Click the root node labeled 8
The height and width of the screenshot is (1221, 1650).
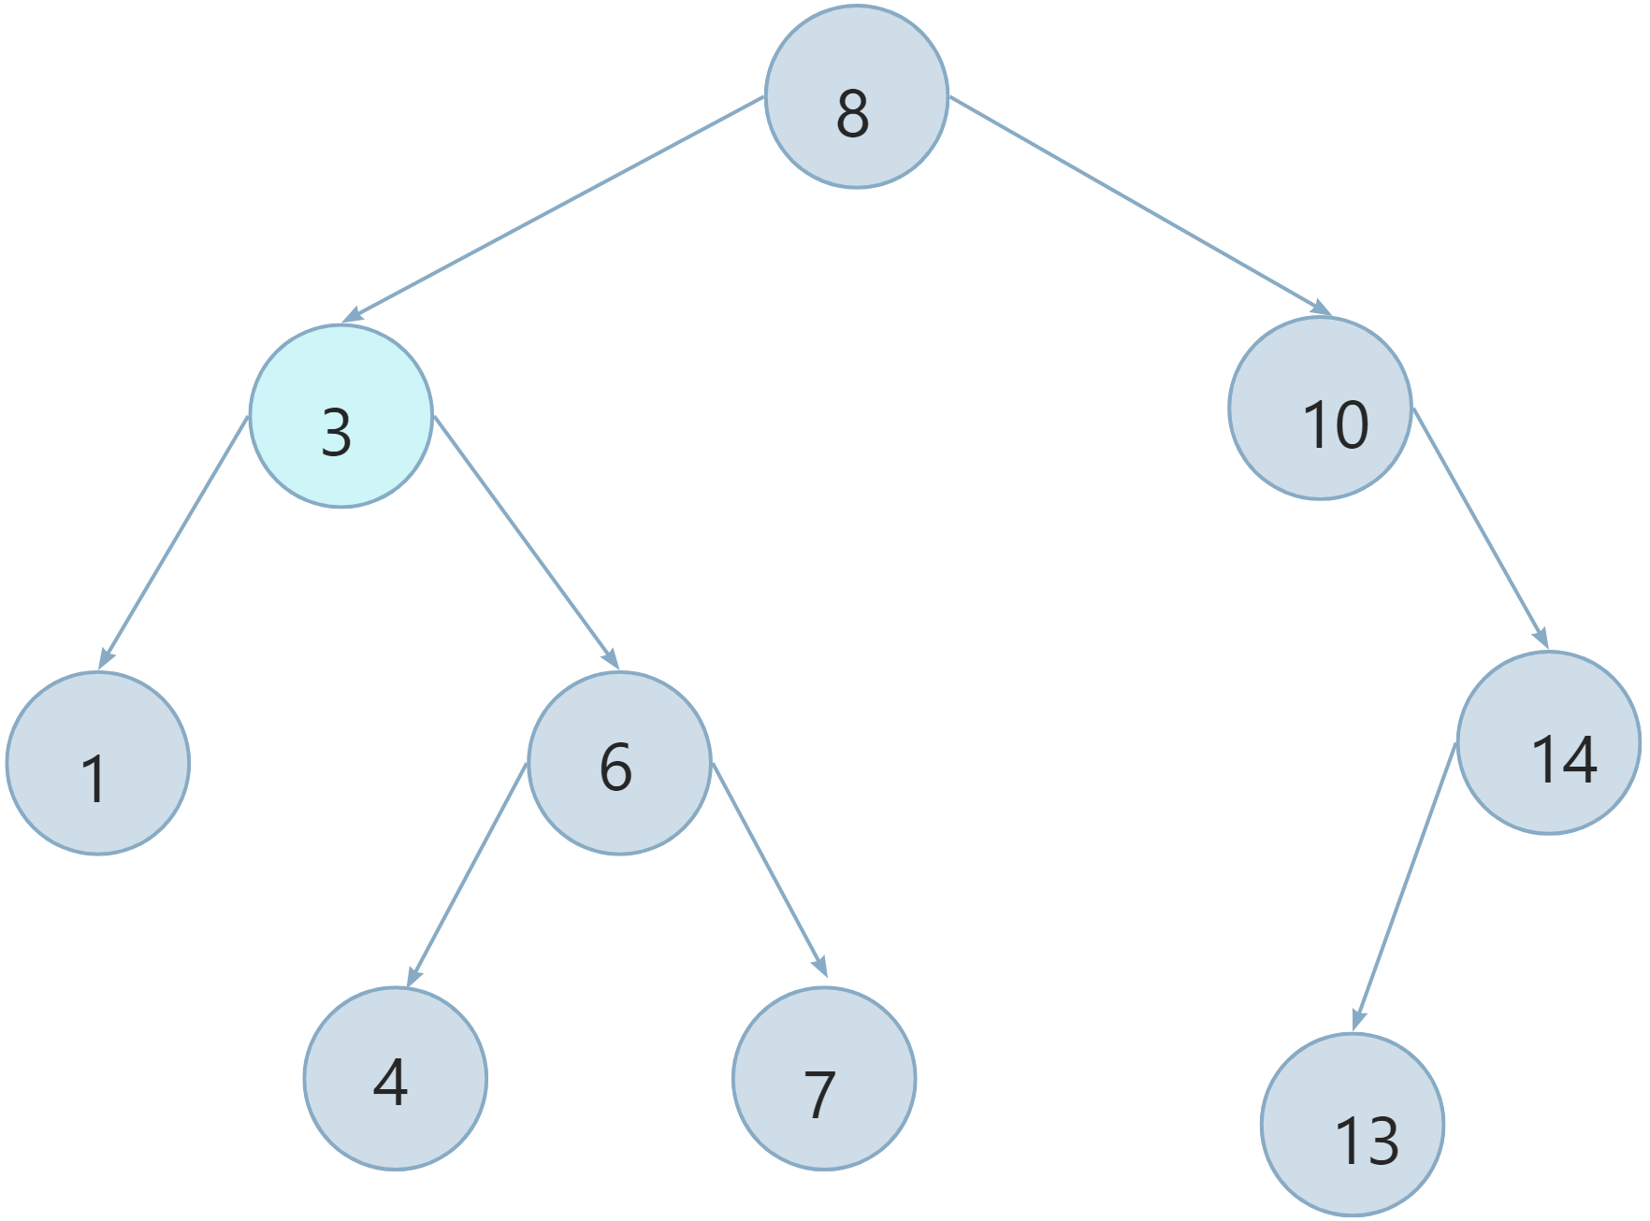[856, 97]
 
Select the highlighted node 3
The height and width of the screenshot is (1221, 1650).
[340, 416]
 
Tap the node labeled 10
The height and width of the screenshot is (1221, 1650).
[1320, 408]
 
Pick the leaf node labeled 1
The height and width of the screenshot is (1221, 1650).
[98, 762]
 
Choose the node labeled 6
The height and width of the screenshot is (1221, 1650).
[619, 762]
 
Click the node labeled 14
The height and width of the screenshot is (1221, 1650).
[1548, 742]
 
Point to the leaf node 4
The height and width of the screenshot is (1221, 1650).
[395, 1078]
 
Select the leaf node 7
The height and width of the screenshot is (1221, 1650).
[824, 1078]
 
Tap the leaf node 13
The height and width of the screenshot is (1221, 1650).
[1353, 1126]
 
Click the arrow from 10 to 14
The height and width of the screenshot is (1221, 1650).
[1480, 528]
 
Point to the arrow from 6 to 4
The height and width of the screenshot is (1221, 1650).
[468, 874]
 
